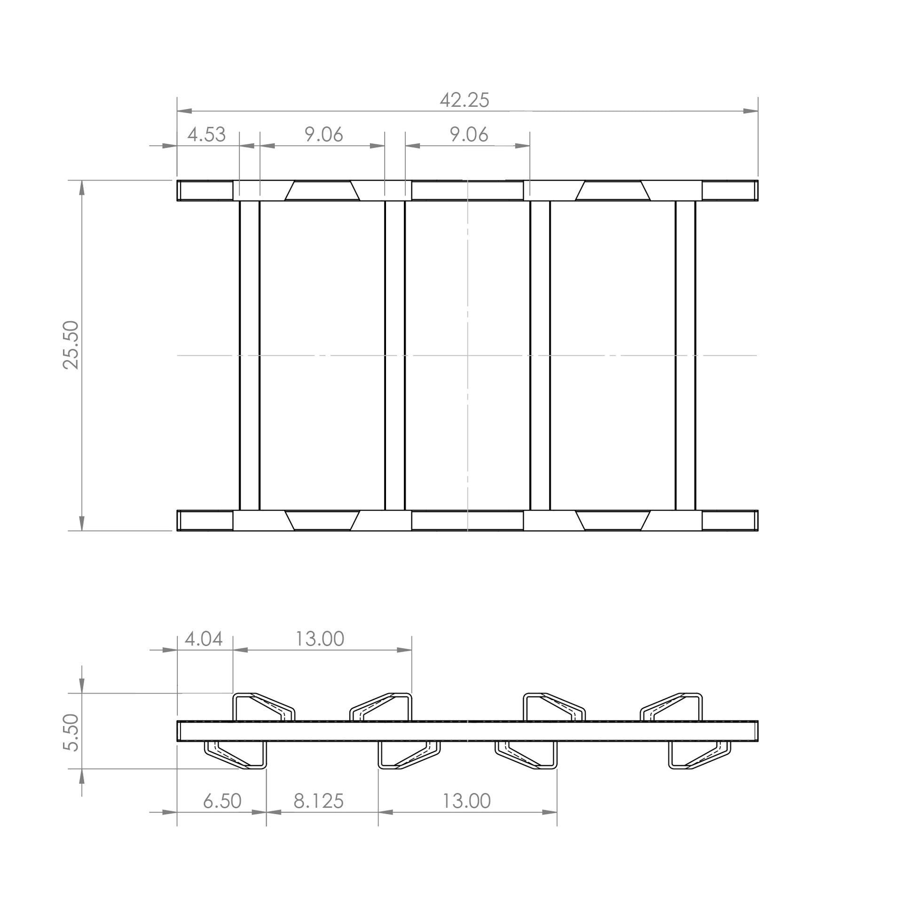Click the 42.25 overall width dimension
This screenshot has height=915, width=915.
[x=464, y=100]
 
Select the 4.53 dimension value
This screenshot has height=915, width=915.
[x=206, y=134]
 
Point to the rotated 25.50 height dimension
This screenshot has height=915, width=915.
[x=71, y=345]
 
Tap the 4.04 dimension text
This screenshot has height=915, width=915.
[x=204, y=639]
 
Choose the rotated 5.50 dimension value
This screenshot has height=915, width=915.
[x=71, y=732]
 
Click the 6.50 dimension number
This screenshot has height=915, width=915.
[x=222, y=801]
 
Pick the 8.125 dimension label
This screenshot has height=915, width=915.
[x=318, y=801]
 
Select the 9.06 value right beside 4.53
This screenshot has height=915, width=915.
[x=323, y=134]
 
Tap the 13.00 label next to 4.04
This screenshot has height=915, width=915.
[x=320, y=639]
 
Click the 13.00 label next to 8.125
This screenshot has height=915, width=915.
[x=466, y=801]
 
